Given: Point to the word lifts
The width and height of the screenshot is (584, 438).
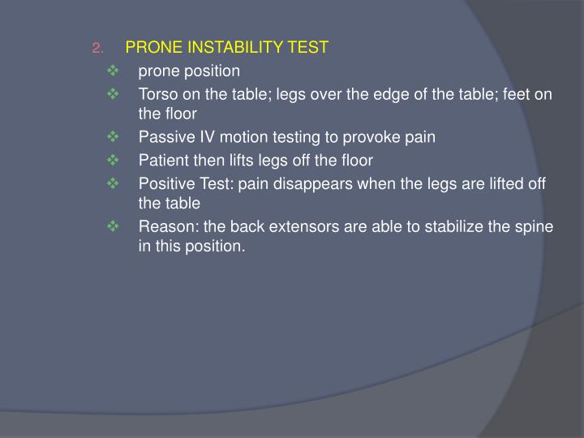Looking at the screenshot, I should click(x=241, y=160).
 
